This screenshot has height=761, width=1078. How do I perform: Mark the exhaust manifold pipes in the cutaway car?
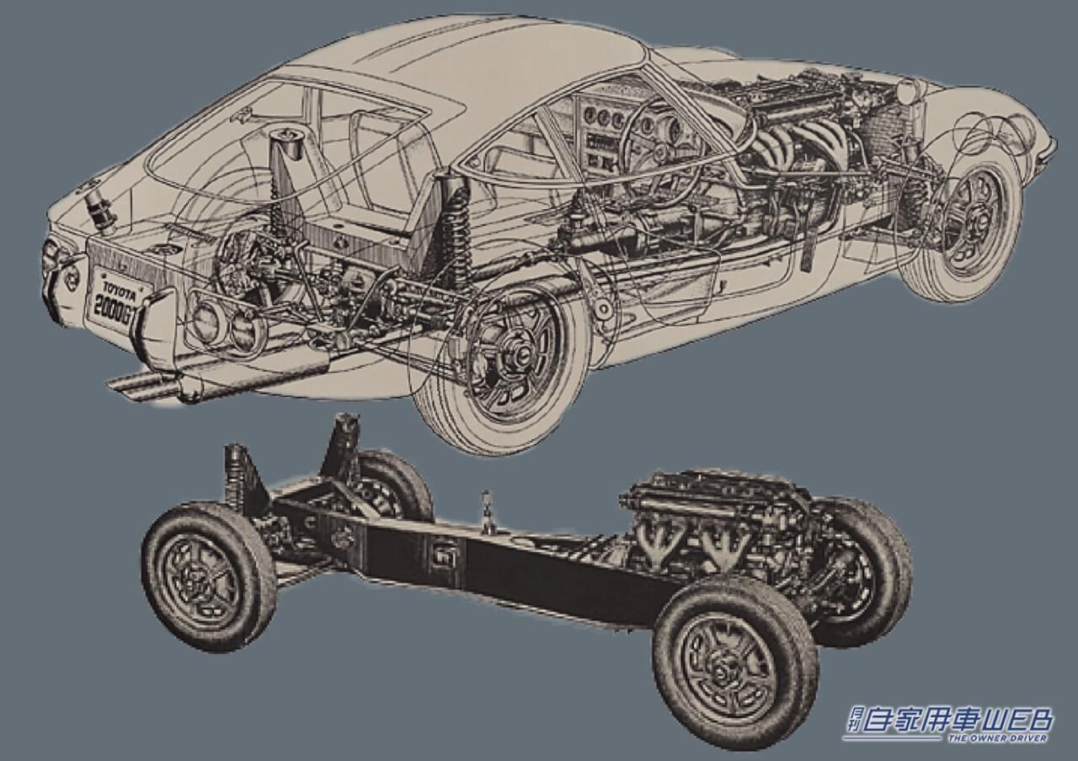787,152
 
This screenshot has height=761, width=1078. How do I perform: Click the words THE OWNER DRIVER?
997,739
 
